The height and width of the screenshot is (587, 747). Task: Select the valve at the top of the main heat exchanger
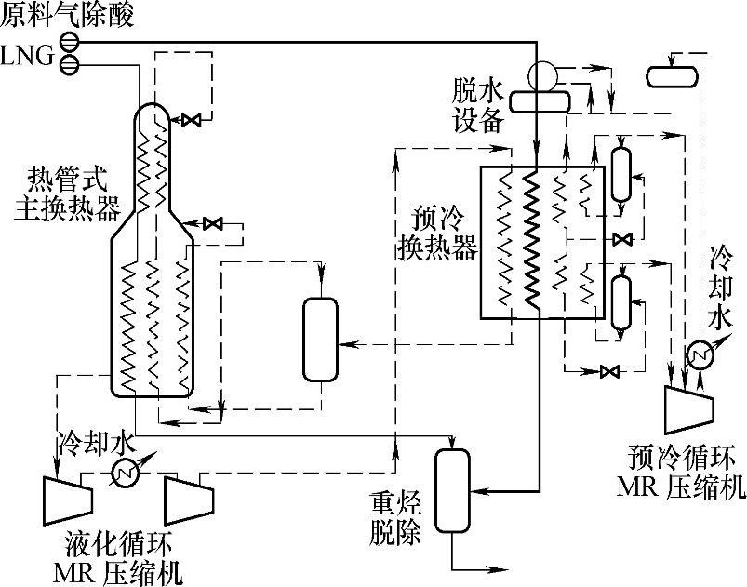coord(193,120)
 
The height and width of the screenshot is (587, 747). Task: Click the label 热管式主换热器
coord(67,193)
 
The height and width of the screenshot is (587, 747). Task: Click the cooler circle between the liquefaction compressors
coord(123,474)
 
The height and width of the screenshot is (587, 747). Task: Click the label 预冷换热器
coord(436,233)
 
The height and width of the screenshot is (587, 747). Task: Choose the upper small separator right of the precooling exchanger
coord(621,174)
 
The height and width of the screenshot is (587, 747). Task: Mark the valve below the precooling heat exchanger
coord(610,371)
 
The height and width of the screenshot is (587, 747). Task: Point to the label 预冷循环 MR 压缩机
coord(681,473)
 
